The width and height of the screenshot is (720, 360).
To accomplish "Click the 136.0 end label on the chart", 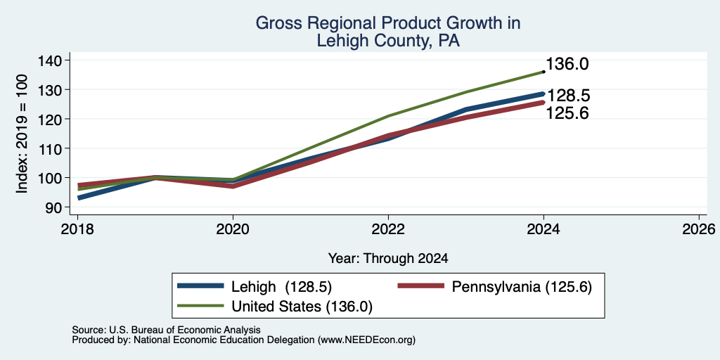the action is coord(567,64).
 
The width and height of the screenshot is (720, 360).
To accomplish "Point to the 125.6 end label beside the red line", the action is coord(567,113).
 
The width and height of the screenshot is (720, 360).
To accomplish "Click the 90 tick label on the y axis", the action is coord(62,207).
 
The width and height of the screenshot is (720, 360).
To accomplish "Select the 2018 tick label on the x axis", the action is coord(77,229).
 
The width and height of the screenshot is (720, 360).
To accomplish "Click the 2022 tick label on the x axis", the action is coord(388,229).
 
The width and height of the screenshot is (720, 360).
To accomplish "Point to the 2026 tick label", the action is coord(699,229).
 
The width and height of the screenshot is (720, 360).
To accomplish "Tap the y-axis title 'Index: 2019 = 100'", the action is coord(22,134).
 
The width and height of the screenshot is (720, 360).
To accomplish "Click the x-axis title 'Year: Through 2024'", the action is coord(388,259).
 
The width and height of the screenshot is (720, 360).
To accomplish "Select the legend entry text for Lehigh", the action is coord(281,287).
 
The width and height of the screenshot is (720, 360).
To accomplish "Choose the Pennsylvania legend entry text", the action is coord(522,287).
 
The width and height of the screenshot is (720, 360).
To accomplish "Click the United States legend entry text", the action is coord(302,307).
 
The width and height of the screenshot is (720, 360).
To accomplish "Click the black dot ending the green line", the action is coord(544,72).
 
